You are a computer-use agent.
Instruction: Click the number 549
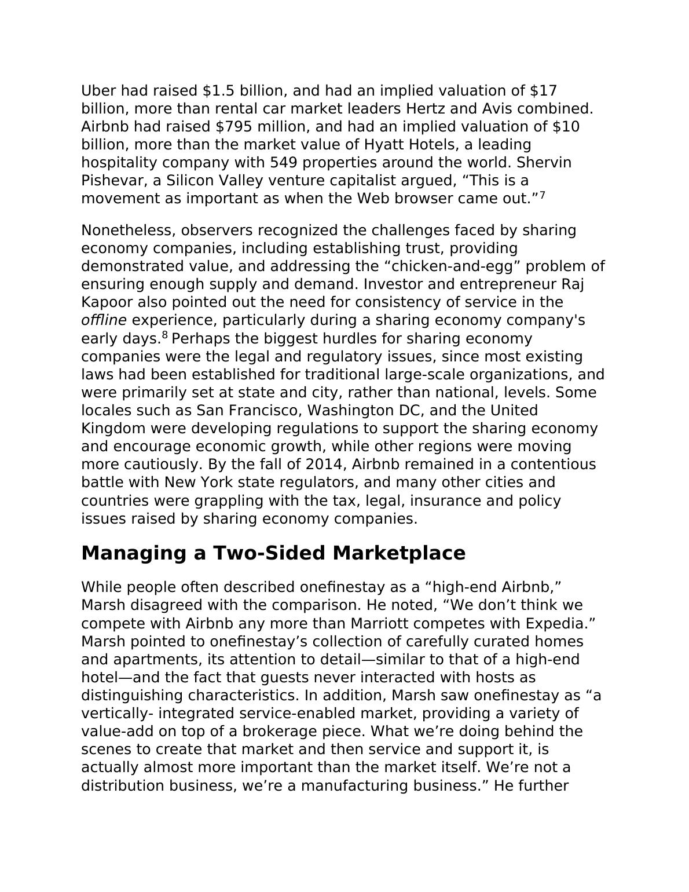point(283,163)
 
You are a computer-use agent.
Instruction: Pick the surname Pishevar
point(115,181)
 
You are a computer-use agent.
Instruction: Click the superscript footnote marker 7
point(543,195)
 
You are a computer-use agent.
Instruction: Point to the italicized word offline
point(104,320)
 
